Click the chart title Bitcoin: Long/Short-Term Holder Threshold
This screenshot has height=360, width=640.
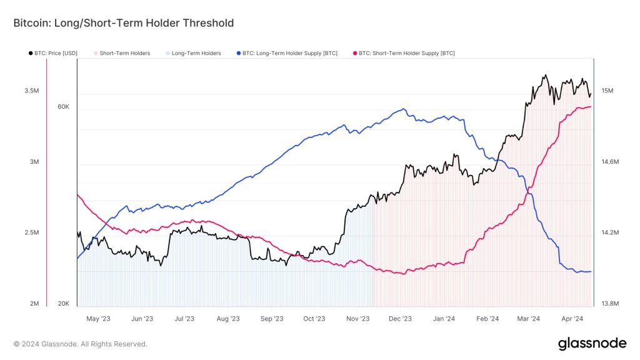(x=124, y=23)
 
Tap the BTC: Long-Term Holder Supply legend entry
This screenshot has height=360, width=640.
(x=288, y=54)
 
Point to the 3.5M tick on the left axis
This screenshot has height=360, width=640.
(x=32, y=91)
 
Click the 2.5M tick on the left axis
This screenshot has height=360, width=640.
(x=32, y=232)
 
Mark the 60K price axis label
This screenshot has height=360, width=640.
(x=63, y=107)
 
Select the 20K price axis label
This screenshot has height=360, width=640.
(x=63, y=304)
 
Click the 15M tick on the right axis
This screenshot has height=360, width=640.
(x=607, y=91)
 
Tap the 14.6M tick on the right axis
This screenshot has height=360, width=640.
(x=609, y=162)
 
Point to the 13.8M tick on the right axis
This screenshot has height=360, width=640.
(x=609, y=304)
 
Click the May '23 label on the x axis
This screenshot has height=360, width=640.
(x=98, y=319)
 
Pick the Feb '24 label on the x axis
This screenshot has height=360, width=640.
(x=486, y=319)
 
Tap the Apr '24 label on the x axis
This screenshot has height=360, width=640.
(x=571, y=319)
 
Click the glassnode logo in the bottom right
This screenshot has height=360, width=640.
(x=591, y=343)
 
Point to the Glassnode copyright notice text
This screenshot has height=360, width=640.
(x=81, y=344)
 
